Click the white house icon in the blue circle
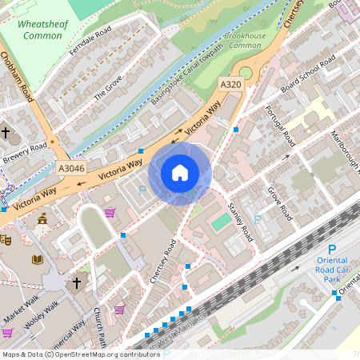180,172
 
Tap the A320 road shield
230,82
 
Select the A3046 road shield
70,169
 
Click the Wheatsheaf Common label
42,29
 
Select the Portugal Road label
281,125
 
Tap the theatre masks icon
5,238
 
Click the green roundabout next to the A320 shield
245,74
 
